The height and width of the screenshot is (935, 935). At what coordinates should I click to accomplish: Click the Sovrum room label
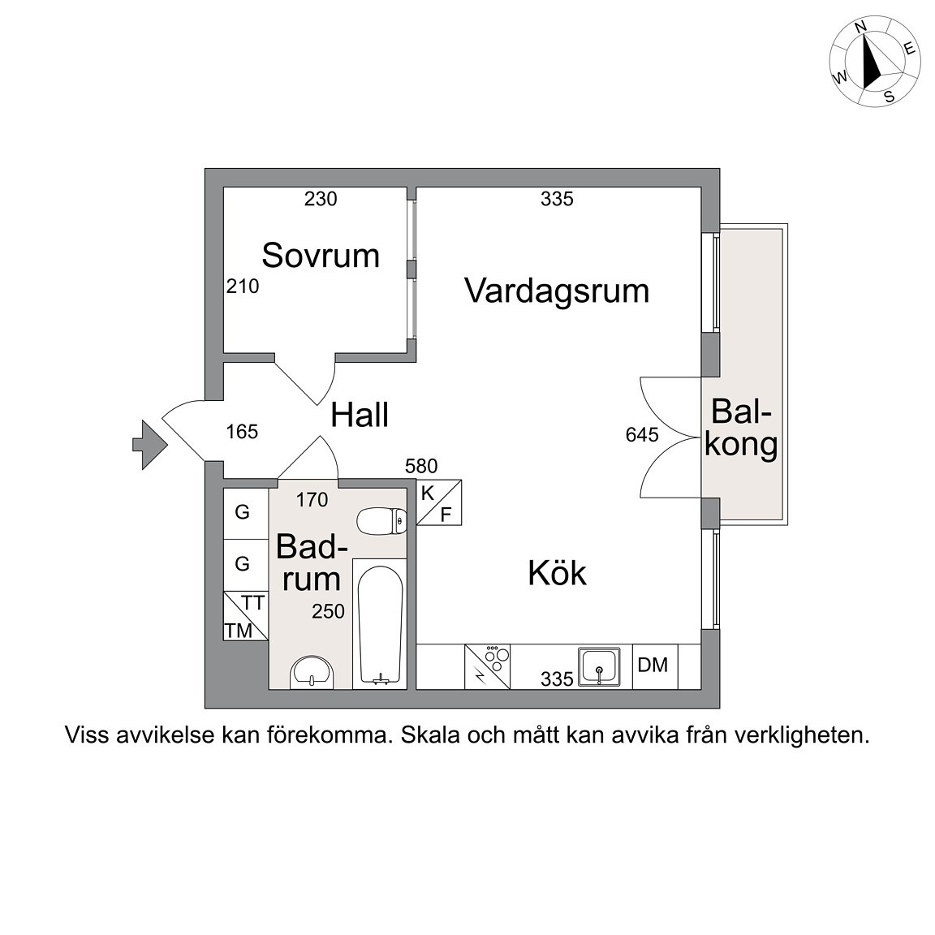point(321,255)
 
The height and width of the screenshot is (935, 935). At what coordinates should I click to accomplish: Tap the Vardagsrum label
point(557,291)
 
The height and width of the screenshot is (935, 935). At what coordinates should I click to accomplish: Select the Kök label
point(557,572)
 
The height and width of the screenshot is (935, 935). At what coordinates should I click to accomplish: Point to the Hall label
point(360,415)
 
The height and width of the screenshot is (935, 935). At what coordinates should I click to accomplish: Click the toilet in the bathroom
point(381,520)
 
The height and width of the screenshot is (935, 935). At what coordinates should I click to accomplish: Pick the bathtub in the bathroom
point(380,624)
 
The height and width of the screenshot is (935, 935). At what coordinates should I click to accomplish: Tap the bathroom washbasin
point(312,673)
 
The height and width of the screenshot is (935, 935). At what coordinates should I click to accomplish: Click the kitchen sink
point(599,666)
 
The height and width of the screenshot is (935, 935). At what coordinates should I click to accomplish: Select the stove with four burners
point(487,666)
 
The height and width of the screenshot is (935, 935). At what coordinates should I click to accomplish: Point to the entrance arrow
point(150,445)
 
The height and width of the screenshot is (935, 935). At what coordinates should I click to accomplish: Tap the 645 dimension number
point(642,435)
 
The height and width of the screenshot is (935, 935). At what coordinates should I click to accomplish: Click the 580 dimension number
point(421,466)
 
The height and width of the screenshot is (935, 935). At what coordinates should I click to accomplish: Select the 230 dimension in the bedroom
point(321,199)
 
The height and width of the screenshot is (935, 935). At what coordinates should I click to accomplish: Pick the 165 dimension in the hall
point(242,431)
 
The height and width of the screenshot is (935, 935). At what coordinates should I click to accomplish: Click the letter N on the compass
point(860,43)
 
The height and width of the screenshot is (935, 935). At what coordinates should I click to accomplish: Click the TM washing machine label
point(239,631)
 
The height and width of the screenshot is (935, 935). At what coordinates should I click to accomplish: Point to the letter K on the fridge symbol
point(428,493)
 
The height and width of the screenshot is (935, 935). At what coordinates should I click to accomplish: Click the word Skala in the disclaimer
point(430,735)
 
